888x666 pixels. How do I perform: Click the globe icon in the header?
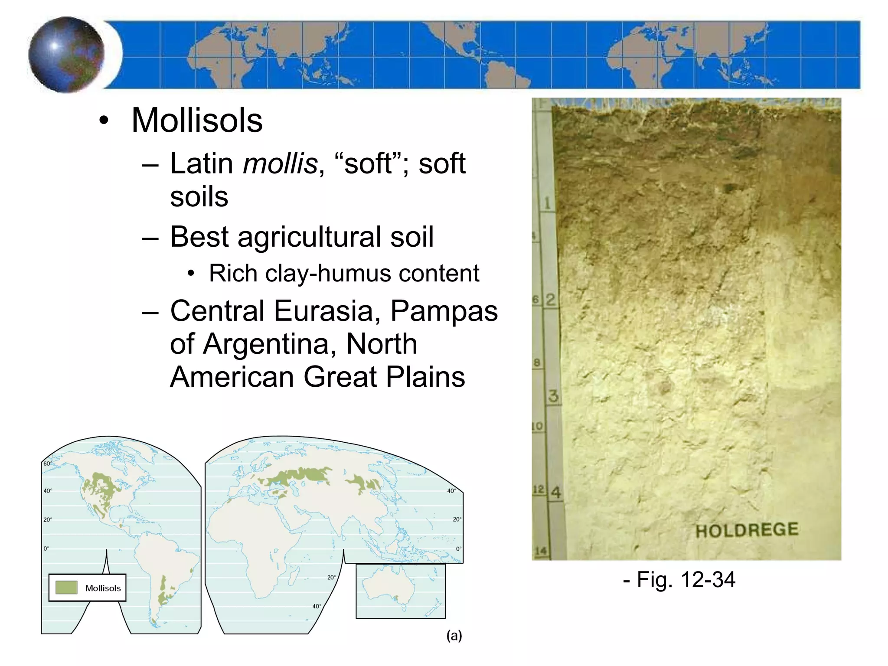[x=66, y=55]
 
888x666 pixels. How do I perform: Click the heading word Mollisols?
[x=197, y=120]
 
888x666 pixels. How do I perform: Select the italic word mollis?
[x=280, y=163]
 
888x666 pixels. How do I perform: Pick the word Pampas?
[x=444, y=311]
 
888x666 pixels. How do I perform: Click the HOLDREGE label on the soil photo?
[x=747, y=530]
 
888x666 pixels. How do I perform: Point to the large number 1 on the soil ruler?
[x=547, y=203]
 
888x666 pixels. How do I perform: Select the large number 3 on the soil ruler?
[x=553, y=396]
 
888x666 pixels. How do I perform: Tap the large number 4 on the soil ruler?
[x=555, y=493]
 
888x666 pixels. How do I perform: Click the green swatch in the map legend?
[x=66, y=588]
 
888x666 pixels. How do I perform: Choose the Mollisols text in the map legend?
[x=103, y=588]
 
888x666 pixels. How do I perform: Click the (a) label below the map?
[x=454, y=636]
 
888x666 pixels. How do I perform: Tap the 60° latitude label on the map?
[x=47, y=464]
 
